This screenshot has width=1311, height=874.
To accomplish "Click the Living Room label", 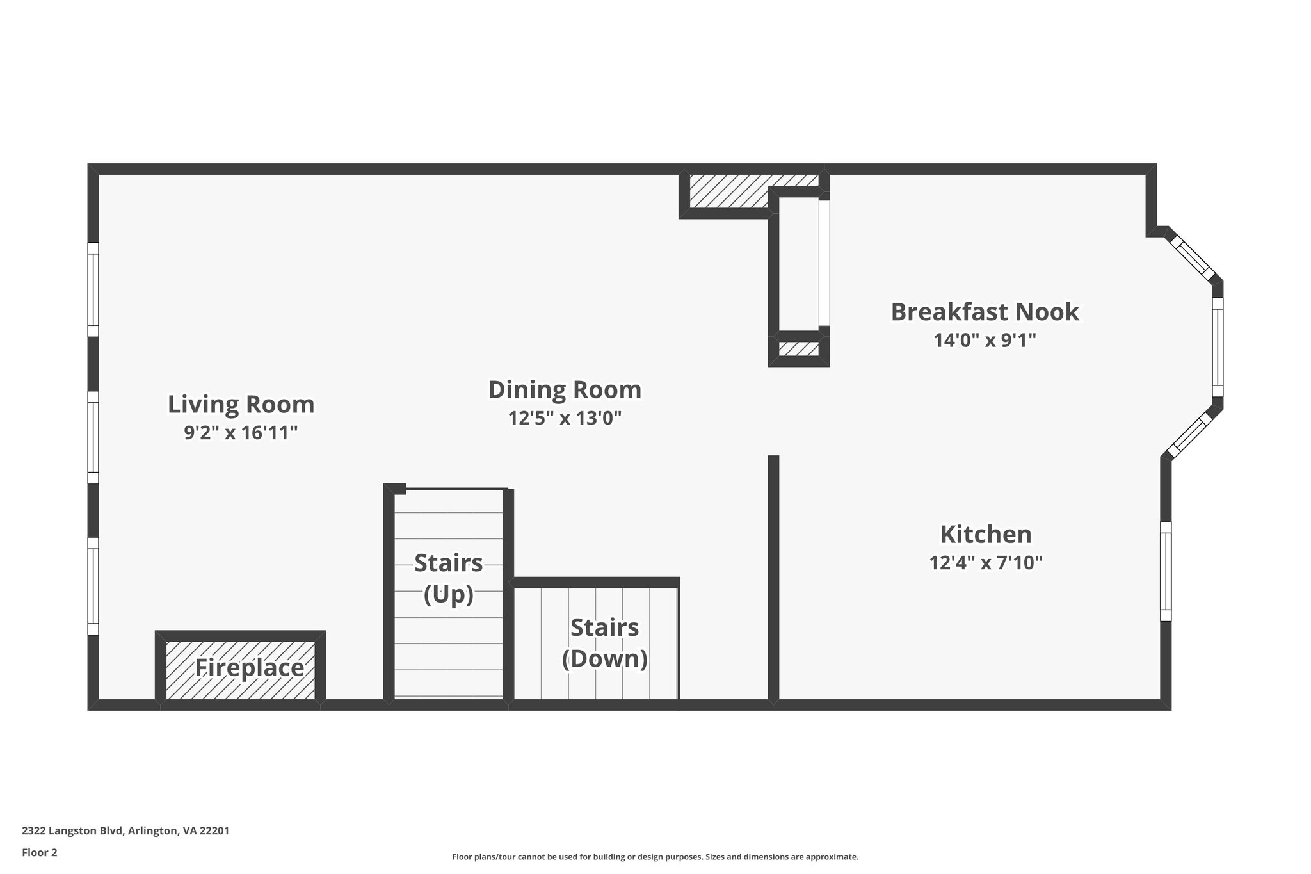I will [241, 405].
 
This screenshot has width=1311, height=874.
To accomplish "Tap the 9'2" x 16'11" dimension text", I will [241, 433].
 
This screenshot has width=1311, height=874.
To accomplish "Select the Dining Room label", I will [565, 390].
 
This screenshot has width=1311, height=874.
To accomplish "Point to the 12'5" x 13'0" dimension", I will [565, 419].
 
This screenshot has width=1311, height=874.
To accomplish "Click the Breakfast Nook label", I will [985, 312].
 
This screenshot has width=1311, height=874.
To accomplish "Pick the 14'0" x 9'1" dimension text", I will [985, 341].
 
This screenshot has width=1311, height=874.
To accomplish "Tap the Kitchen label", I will [985, 535].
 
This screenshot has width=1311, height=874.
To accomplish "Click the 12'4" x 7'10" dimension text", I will [985, 563].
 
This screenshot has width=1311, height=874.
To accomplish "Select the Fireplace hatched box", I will [241, 669].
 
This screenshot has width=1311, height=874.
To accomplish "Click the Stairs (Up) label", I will [448, 578].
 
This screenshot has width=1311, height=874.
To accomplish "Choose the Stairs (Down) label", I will [604, 643].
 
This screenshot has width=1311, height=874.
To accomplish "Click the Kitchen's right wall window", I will [1166, 571].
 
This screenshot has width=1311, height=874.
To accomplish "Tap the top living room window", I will [93, 289].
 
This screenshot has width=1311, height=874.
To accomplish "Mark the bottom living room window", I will [93, 586].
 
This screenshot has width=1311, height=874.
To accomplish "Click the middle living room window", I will [93, 437].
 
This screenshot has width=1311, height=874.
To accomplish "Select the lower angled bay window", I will [1190, 435].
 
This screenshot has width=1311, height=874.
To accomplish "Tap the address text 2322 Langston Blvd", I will [125, 830].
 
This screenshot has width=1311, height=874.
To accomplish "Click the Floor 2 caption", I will [40, 852].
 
